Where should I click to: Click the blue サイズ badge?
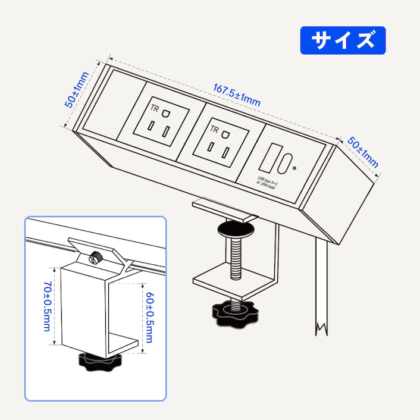343,40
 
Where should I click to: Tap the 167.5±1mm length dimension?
237,95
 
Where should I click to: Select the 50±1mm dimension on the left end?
77,90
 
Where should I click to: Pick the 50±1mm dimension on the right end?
363,151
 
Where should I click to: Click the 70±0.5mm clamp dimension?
46,307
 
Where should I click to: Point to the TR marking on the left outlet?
155,108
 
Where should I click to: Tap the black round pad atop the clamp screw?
235,229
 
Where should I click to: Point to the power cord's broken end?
322,328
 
